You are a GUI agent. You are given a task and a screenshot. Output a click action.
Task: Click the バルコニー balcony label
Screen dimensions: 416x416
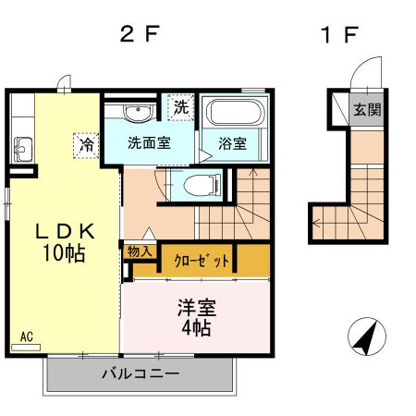(141, 374)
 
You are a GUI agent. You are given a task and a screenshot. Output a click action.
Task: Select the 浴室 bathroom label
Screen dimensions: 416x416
(232, 144)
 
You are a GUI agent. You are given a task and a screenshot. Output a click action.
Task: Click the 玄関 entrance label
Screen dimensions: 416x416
(368, 110)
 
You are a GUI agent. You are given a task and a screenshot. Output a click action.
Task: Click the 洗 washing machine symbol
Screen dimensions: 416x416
(180, 106)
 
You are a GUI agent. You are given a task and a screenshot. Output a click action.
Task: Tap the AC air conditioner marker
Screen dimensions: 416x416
(28, 338)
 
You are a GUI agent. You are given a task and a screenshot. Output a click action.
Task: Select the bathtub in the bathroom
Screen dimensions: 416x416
(234, 115)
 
